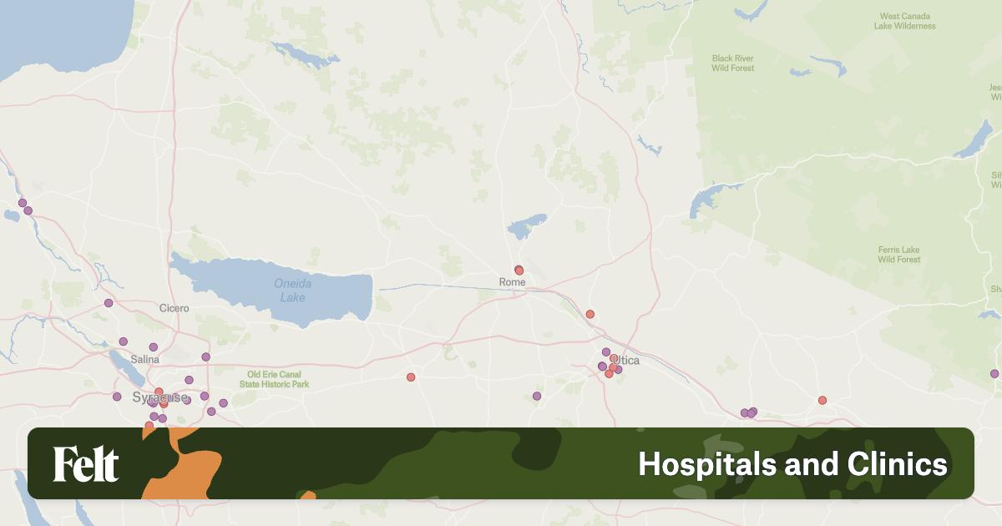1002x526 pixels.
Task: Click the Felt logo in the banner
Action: click(86, 464)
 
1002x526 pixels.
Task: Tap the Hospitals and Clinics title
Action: click(792, 464)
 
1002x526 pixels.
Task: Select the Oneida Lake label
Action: click(292, 290)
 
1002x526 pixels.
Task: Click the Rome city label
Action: click(512, 282)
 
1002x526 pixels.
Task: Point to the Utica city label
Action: click(626, 360)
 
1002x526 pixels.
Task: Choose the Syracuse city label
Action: click(159, 397)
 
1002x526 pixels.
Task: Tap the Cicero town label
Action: click(175, 308)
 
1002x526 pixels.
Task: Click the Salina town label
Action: click(144, 359)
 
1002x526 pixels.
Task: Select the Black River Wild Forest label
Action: click(732, 63)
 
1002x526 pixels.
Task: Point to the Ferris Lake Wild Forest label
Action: click(898, 255)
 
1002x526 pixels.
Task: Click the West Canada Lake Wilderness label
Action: click(904, 21)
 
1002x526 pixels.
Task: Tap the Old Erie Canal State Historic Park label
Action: click(274, 379)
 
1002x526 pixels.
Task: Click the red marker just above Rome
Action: click(519, 271)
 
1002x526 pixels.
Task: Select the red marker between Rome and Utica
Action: click(590, 314)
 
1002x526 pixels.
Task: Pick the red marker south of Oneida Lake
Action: click(411, 377)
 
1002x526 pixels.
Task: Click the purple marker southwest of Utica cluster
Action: click(537, 396)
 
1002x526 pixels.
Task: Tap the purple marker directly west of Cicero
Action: click(108, 303)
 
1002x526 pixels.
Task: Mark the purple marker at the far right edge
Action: click(994, 373)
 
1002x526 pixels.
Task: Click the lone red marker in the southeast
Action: click(822, 400)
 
